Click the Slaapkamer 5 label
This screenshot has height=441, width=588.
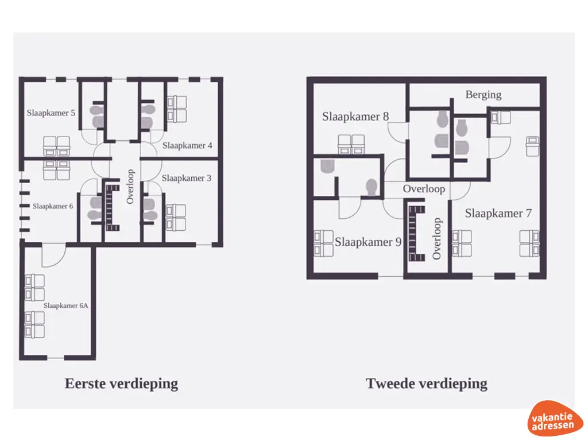51,113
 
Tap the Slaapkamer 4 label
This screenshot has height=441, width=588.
187,146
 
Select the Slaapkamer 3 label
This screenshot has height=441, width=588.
187,179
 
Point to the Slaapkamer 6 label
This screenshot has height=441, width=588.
53,206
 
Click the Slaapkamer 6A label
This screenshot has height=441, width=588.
66,305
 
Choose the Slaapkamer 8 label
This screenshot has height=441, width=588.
355,117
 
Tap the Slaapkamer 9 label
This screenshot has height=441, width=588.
368,242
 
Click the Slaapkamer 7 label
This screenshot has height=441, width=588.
498,214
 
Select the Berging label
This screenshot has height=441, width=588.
483,95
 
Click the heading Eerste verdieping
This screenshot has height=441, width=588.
121,384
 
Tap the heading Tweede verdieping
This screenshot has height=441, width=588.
427,384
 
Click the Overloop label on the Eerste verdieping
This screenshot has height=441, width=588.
130,186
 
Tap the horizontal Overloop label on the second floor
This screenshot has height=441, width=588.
424,189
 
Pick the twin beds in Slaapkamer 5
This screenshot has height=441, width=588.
56,146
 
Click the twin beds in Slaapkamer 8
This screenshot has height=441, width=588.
351,145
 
